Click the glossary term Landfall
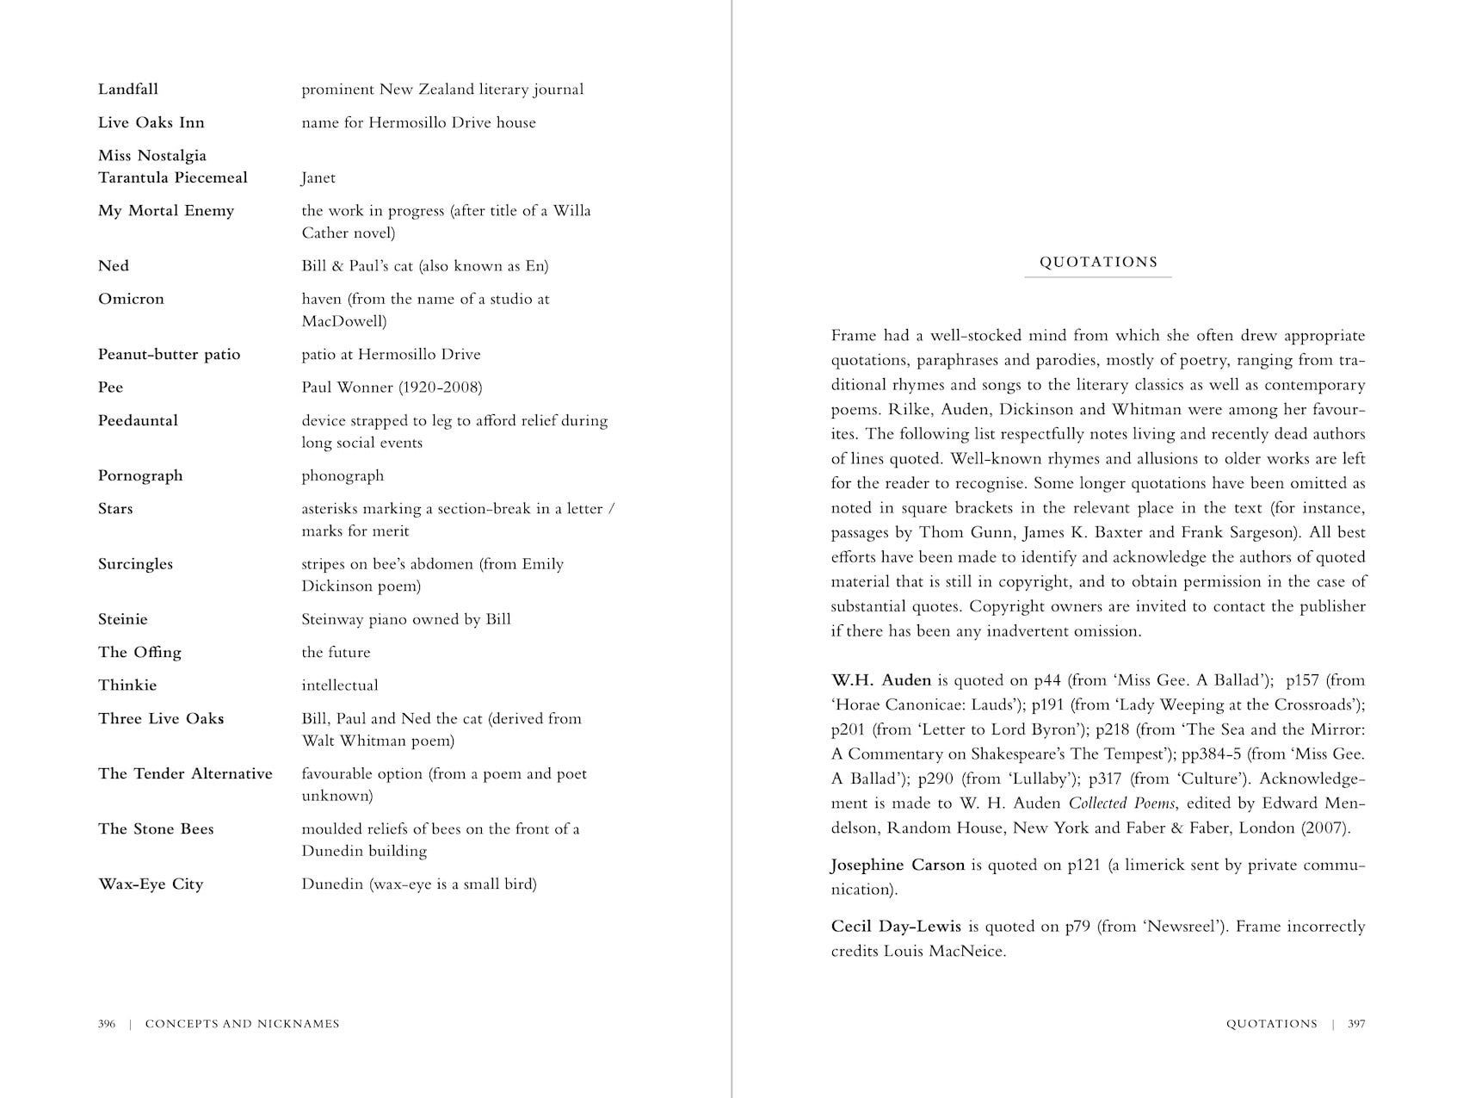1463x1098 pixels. (x=128, y=90)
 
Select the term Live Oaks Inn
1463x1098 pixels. (x=151, y=122)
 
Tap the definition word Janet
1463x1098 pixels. (x=318, y=178)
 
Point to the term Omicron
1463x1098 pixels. (x=131, y=299)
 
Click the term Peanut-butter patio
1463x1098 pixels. (x=170, y=355)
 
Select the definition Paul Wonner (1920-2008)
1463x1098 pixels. (x=392, y=388)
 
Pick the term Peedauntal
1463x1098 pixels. (x=138, y=421)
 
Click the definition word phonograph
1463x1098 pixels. (x=343, y=476)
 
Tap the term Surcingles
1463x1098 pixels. (x=135, y=564)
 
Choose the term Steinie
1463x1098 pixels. (x=123, y=619)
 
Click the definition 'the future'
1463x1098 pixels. (x=336, y=653)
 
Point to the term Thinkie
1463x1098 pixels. (x=127, y=685)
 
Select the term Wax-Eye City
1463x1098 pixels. (x=151, y=884)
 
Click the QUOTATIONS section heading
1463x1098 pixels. (x=1098, y=263)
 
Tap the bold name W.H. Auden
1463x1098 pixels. (x=881, y=680)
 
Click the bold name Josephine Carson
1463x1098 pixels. (x=898, y=865)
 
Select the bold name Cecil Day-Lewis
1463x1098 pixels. (x=896, y=927)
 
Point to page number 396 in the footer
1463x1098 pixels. (x=107, y=1024)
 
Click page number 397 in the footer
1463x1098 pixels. (x=1356, y=1024)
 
